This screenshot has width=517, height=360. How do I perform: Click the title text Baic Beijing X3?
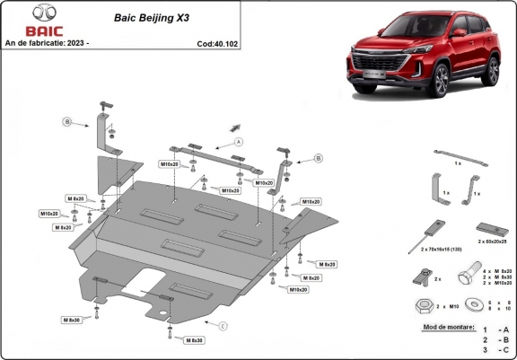145,16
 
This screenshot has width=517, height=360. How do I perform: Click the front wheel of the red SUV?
440,81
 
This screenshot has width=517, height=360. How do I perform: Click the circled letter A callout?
239,142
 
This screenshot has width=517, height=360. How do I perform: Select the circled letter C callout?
223,325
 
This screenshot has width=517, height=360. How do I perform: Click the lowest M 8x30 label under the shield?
195,340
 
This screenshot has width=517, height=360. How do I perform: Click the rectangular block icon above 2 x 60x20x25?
490,227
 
